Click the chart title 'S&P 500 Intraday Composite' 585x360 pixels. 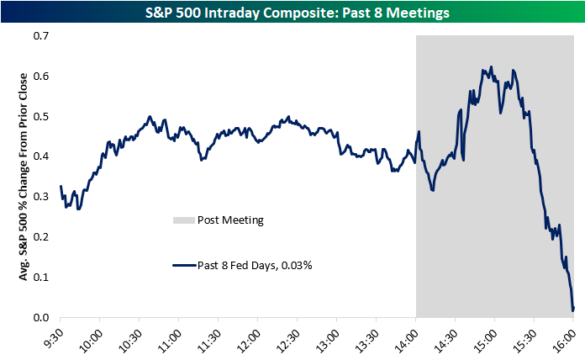(292, 12)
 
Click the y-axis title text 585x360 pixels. (18, 177)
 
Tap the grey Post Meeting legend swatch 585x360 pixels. (182, 220)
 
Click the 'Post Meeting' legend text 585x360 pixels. (230, 220)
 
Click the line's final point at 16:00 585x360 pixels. (573, 310)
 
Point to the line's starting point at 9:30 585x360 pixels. (61, 187)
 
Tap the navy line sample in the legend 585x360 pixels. (182, 265)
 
